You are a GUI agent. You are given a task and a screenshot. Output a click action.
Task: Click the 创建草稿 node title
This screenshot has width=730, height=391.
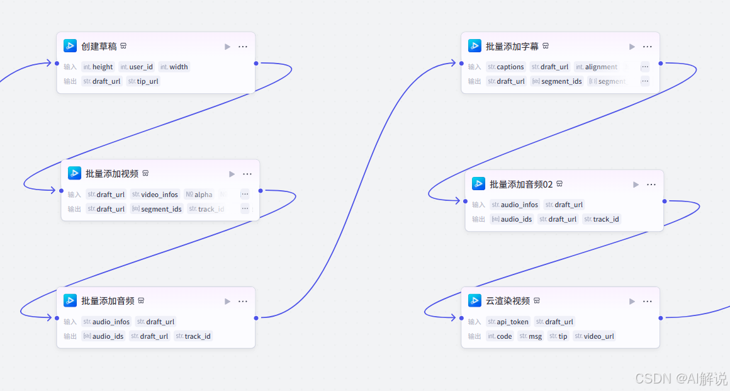tap(99, 47)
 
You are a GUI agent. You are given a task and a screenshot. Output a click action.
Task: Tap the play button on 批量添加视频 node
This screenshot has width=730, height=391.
tap(232, 174)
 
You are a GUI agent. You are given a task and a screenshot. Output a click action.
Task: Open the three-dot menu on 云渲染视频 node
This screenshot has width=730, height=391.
tap(647, 302)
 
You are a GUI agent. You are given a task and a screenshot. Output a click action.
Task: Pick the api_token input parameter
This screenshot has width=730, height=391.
tap(508, 322)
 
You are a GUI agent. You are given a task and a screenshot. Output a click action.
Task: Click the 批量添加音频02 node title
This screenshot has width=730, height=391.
tap(521, 184)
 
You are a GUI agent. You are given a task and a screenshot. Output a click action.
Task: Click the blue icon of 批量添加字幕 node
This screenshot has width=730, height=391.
tap(474, 46)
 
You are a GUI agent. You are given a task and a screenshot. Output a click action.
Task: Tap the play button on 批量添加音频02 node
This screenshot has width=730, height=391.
tap(636, 184)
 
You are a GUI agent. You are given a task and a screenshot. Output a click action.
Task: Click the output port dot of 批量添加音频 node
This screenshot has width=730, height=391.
tap(256, 318)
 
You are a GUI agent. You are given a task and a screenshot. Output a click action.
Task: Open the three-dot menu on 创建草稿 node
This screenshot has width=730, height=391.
tap(243, 47)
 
